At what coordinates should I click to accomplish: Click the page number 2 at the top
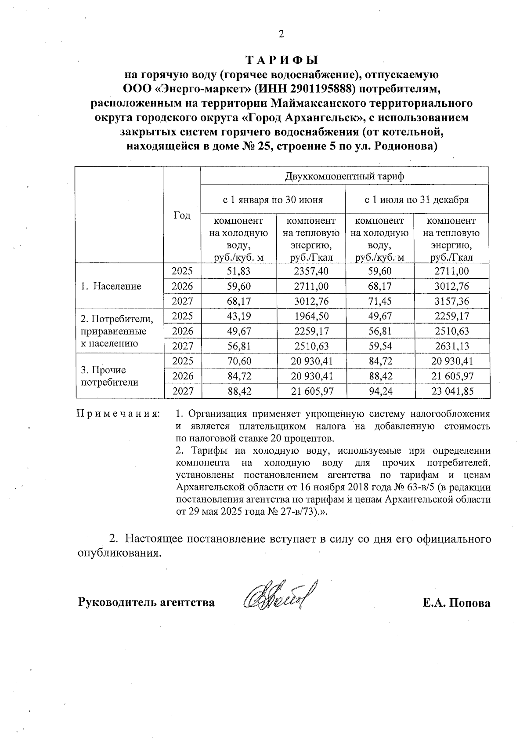coord(281,35)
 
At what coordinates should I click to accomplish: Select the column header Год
coord(182,215)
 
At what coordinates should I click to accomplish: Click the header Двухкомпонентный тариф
coord(344,176)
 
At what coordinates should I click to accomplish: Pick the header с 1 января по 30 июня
coord(273,200)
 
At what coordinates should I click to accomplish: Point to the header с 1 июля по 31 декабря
coord(417,200)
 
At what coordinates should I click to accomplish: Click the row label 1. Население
coord(111,286)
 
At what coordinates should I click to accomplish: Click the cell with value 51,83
coord(238,271)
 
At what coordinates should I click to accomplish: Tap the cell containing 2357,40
coord(311,271)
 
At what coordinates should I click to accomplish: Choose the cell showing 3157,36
coord(452,301)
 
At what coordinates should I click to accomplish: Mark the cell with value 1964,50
coord(311,316)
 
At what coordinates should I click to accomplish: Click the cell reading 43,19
coord(238,316)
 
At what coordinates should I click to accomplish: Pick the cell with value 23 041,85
coord(452,391)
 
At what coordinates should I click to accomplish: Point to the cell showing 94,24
coord(380,391)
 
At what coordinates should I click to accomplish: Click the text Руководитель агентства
coord(146,602)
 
